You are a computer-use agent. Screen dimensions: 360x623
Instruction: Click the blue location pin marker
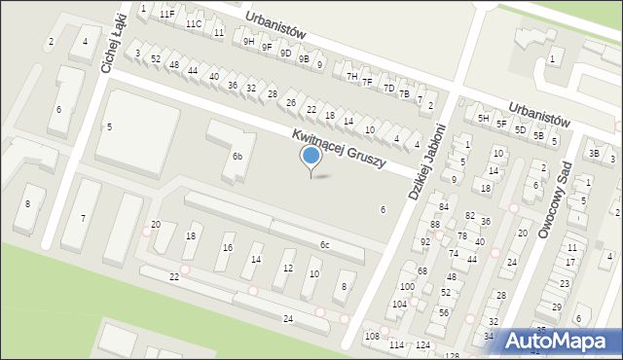point(311,158)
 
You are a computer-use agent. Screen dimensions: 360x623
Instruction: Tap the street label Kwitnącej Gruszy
point(338,149)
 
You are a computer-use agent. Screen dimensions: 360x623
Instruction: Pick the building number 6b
point(237,156)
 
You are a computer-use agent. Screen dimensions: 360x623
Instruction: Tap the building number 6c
point(324,245)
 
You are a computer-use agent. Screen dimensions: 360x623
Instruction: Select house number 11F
point(167,14)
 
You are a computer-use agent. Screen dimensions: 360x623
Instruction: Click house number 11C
point(194,23)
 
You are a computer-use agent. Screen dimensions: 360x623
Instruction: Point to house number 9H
point(249,42)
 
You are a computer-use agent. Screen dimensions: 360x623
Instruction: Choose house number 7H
point(352,76)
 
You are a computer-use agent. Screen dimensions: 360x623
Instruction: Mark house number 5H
point(483,118)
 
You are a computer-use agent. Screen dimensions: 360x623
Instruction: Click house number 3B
point(594,153)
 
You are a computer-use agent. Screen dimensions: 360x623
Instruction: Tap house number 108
point(372,336)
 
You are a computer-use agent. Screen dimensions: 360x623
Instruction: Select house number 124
point(422,345)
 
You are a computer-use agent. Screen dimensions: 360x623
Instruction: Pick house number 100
point(406,286)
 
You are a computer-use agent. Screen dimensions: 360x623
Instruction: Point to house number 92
point(424,241)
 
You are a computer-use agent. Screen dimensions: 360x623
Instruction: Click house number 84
point(443,206)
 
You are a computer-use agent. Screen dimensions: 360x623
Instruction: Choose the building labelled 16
point(228,248)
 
